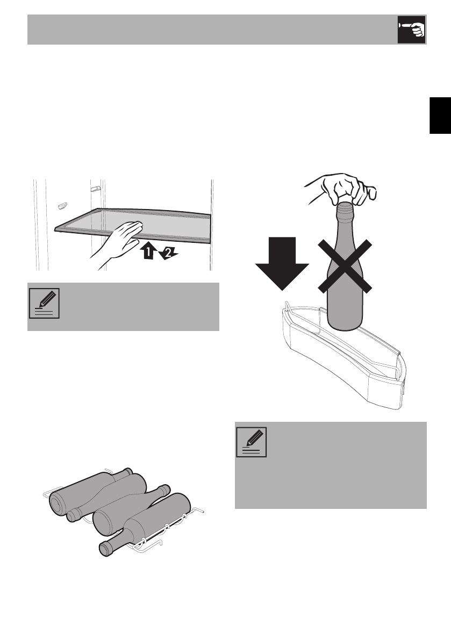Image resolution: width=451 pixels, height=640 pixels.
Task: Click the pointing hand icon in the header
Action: pos(411,30)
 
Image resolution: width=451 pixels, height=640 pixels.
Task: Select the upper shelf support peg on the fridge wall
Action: pos(95,189)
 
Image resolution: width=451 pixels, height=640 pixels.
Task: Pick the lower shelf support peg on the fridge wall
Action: pos(62,205)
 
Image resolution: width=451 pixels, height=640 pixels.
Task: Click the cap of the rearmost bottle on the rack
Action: pos(127,473)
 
